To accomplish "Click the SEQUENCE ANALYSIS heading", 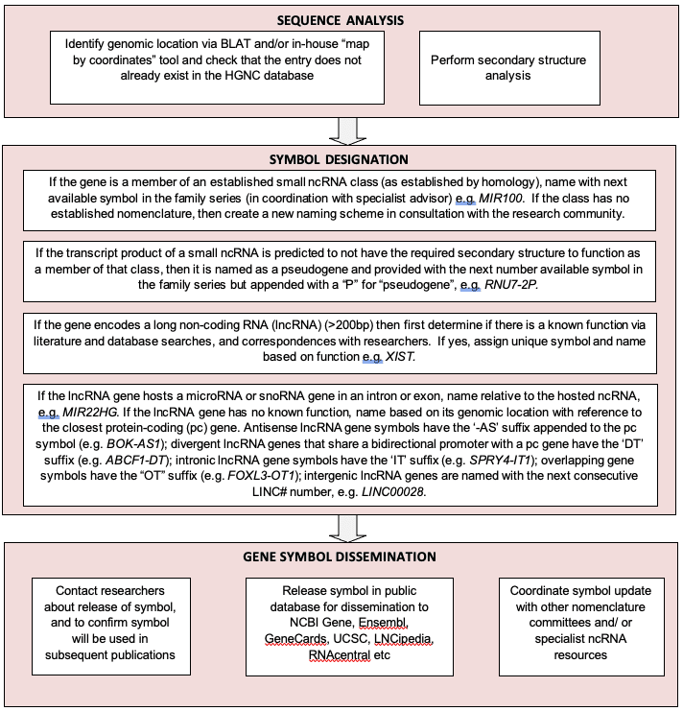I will pyautogui.click(x=340, y=18).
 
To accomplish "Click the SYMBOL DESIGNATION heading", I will pyautogui.click(x=340, y=159).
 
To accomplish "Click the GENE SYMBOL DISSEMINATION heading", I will pyautogui.click(x=341, y=557).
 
